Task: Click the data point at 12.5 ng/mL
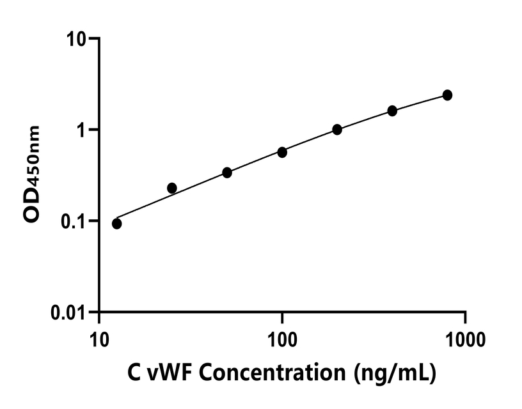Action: pyautogui.click(x=116, y=224)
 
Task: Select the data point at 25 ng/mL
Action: pyautogui.click(x=171, y=188)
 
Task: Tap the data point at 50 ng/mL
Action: pyautogui.click(x=226, y=173)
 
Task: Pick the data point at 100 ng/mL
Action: pyautogui.click(x=282, y=152)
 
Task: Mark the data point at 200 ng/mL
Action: pyautogui.click(x=337, y=130)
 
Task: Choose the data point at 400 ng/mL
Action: pyautogui.click(x=392, y=111)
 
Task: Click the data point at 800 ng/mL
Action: pyautogui.click(x=447, y=95)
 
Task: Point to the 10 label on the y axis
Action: pyautogui.click(x=77, y=39)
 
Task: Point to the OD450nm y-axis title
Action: pyautogui.click(x=32, y=174)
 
